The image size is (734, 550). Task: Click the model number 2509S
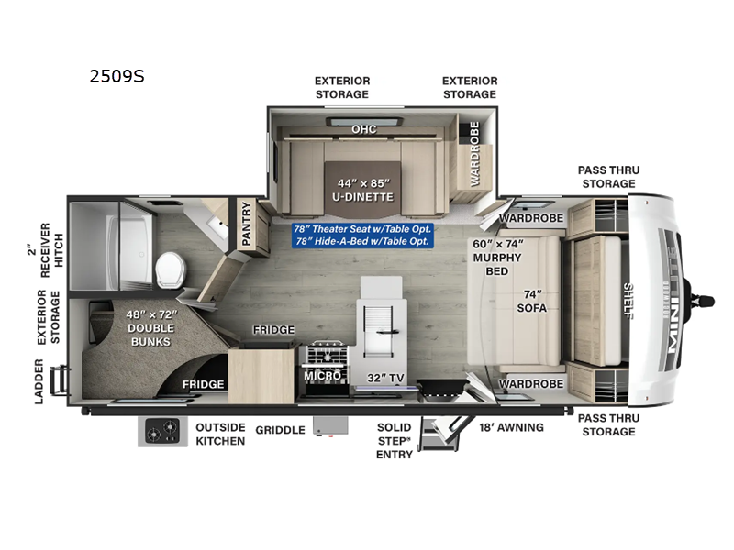pyautogui.click(x=117, y=77)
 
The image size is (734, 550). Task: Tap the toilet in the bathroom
pyautogui.click(x=170, y=269)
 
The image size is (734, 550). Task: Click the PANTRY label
pyautogui.click(x=246, y=223)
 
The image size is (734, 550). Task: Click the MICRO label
pyautogui.click(x=322, y=376)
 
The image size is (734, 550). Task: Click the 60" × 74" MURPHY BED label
pyautogui.click(x=496, y=257)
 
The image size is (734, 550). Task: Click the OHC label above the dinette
pyautogui.click(x=363, y=129)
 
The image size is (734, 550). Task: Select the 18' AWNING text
pyautogui.click(x=512, y=427)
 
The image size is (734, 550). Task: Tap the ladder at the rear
pyautogui.click(x=61, y=380)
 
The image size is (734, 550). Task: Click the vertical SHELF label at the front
pyautogui.click(x=628, y=300)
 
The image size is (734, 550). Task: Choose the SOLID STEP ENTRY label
pyautogui.click(x=395, y=441)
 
